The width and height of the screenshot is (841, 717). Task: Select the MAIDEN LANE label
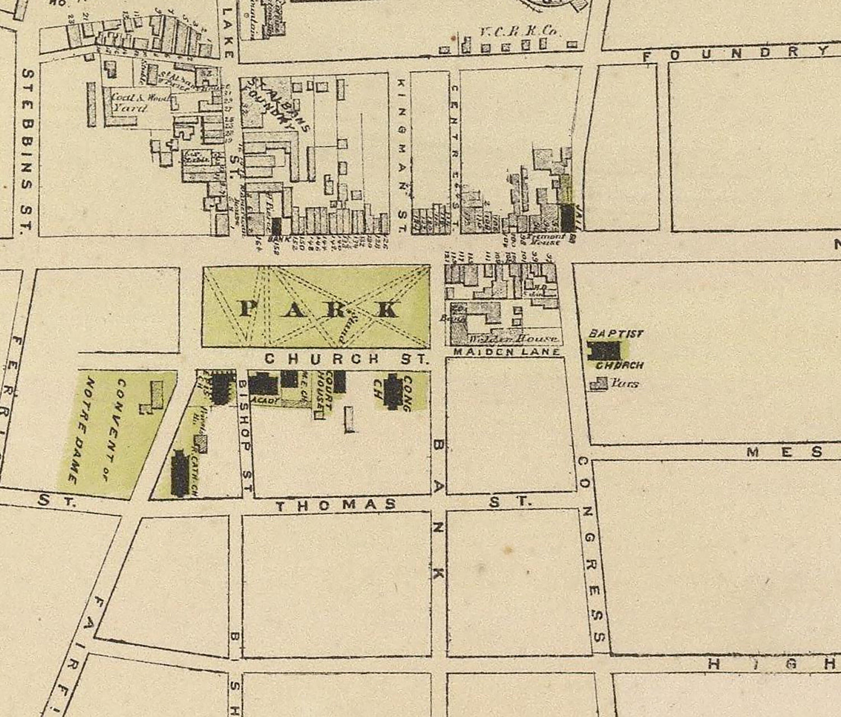(506, 352)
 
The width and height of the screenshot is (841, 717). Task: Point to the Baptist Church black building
(604, 351)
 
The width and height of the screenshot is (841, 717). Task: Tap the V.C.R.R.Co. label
(519, 32)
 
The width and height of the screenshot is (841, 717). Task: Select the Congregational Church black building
(392, 392)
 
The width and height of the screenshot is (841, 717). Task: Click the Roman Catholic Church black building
(180, 474)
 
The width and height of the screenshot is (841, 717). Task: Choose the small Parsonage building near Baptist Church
(599, 384)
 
